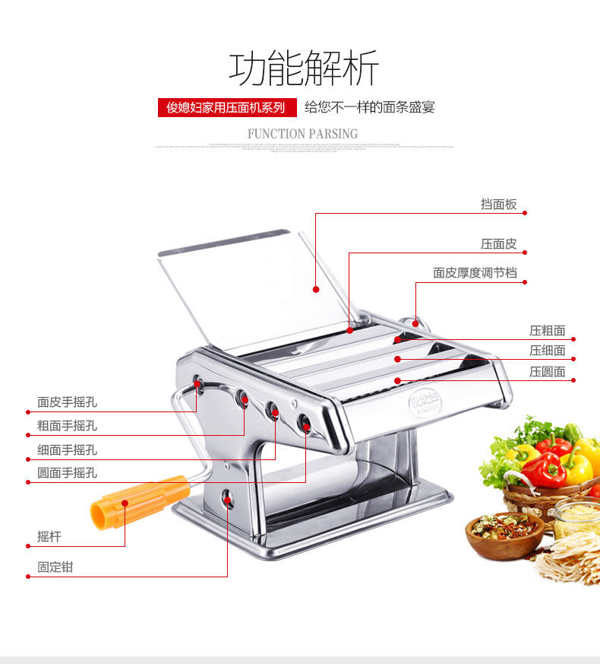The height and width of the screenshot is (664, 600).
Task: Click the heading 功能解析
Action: [x=303, y=68]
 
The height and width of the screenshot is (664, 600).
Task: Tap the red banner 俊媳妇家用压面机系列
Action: [x=226, y=107]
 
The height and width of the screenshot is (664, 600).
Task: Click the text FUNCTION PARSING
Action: [x=302, y=134]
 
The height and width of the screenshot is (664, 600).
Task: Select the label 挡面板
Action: [x=498, y=204]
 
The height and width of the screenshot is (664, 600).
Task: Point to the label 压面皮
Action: [x=498, y=243]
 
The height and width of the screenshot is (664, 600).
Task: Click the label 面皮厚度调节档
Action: [x=475, y=272]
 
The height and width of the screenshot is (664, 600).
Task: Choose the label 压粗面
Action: [x=547, y=330]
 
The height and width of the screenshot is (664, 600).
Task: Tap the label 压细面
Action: [x=547, y=350]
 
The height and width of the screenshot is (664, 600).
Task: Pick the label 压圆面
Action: [x=547, y=371]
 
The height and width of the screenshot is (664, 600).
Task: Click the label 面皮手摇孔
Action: [x=67, y=402]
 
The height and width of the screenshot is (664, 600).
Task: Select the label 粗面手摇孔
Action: [x=67, y=426]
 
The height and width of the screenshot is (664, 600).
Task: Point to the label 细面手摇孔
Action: [x=67, y=450]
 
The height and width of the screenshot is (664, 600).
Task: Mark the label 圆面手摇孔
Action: [x=67, y=472]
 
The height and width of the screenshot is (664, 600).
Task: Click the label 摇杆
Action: [x=49, y=536]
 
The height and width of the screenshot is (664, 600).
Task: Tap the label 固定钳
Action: [x=55, y=567]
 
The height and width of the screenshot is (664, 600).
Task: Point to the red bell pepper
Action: [x=543, y=470]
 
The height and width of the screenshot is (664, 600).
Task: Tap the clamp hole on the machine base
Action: [x=227, y=498]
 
